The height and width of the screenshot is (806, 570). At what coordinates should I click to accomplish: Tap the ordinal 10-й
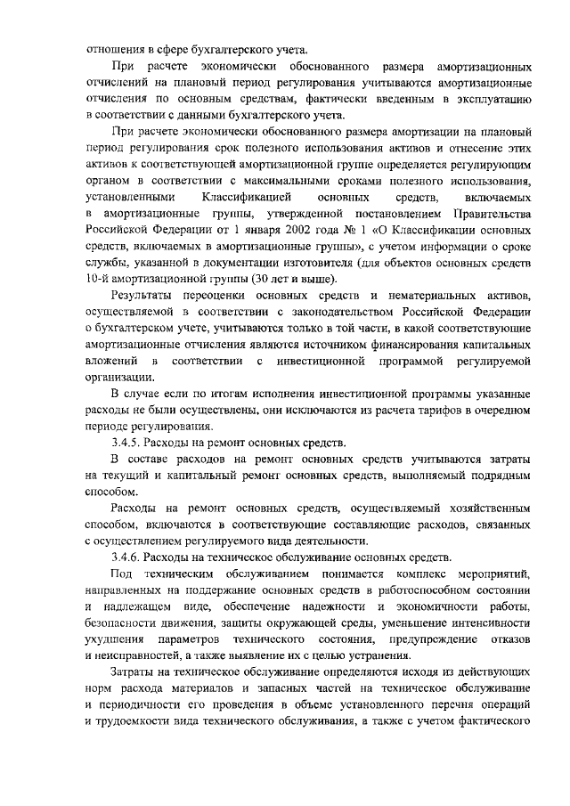click(96, 279)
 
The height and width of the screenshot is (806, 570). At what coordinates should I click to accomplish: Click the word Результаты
click(144, 295)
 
